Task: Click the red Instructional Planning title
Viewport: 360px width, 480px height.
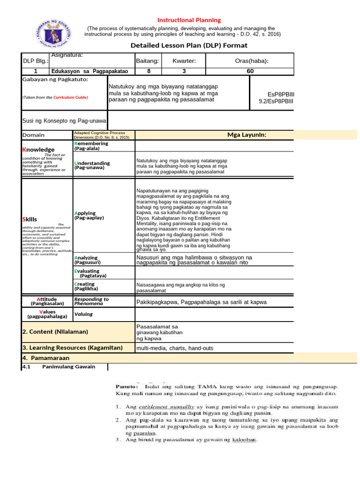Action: pyautogui.click(x=189, y=20)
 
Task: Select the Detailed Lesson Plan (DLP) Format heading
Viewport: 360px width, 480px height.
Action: pyautogui.click(x=188, y=45)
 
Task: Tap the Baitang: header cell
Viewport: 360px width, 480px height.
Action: pyautogui.click(x=147, y=61)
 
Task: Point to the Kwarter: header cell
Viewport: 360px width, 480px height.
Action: pyautogui.click(x=184, y=61)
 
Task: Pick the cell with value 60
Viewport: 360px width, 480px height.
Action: pyautogui.click(x=250, y=71)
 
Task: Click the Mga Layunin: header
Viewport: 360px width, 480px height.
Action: pyautogui.click(x=247, y=135)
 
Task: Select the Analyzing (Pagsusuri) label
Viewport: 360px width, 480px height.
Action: pyautogui.click(x=87, y=260)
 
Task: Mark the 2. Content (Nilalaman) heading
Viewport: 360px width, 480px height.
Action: pyautogui.click(x=55, y=331)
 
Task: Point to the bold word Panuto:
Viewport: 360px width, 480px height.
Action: pyautogui.click(x=127, y=386)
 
